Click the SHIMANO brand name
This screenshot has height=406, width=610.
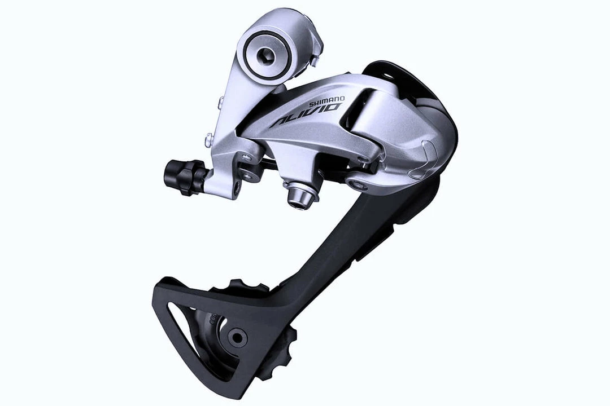pyautogui.click(x=326, y=101)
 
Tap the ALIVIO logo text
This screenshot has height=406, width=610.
pyautogui.click(x=305, y=116)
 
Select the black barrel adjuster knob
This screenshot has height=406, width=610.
pyautogui.click(x=184, y=177)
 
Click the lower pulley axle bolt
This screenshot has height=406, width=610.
pyautogui.click(x=237, y=337)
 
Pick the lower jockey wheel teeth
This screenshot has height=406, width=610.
pyautogui.click(x=280, y=353)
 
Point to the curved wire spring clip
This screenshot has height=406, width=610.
pyautogui.click(x=427, y=160)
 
